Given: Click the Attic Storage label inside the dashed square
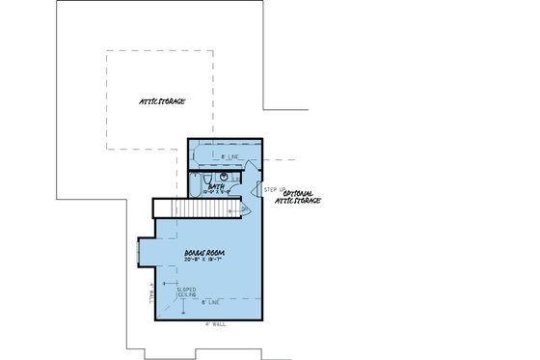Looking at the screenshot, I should coord(160,100).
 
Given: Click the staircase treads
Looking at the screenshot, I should coord(192,209).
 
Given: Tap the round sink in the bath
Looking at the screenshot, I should coord(224,178).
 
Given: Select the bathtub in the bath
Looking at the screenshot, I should coord(222,154).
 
